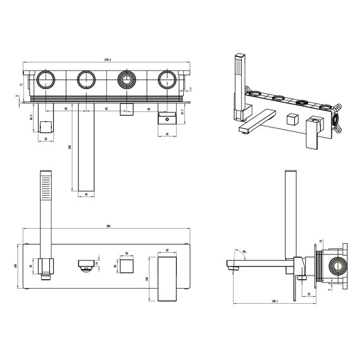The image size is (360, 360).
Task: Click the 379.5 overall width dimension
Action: (x=107, y=60)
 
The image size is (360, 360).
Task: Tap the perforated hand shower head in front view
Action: (x=45, y=189)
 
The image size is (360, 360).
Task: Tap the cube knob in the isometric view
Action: (x=291, y=119)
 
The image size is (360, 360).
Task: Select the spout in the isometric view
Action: (x=259, y=120)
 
